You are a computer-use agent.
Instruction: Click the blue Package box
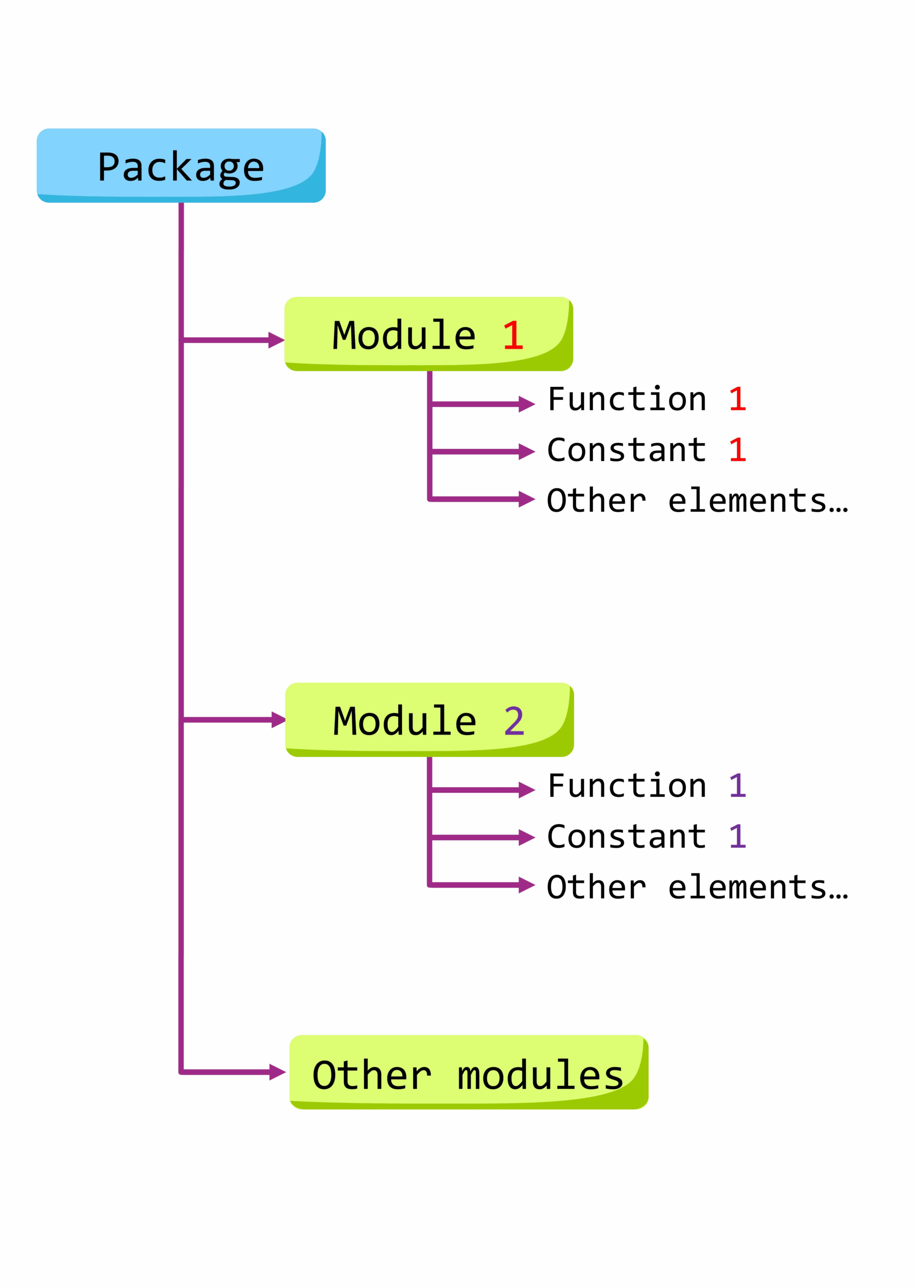tap(181, 166)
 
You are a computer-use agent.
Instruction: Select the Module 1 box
tap(429, 334)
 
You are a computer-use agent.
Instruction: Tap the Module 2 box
tap(430, 720)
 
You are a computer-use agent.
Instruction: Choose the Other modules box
tap(469, 1072)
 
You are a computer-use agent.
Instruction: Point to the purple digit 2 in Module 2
tap(514, 721)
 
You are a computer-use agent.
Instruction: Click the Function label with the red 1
tap(647, 399)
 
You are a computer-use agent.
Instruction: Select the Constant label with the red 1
tap(647, 450)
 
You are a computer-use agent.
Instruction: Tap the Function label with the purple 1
tap(647, 786)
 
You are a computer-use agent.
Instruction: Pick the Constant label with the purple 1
tap(647, 836)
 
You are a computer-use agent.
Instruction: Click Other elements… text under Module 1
tap(698, 500)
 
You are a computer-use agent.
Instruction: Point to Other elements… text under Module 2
tap(698, 887)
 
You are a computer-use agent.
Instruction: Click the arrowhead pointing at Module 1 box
tap(276, 340)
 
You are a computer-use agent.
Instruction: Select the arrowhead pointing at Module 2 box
tap(278, 720)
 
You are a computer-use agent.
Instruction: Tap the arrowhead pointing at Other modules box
tap(278, 1072)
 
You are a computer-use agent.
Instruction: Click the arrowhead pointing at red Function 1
tap(527, 405)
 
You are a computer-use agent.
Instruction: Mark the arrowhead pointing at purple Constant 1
tap(527, 838)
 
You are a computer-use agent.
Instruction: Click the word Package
tap(181, 167)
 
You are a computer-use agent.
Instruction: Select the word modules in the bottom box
tap(541, 1075)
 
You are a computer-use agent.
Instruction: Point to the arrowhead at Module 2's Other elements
tap(527, 886)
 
